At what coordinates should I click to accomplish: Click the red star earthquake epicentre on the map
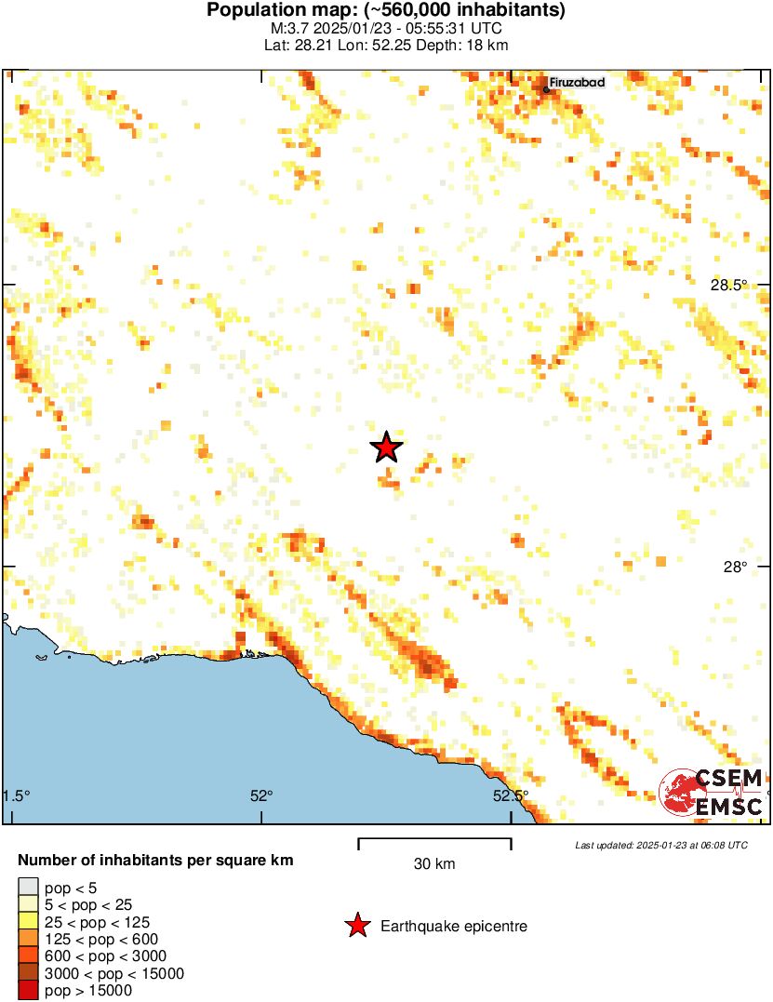386,448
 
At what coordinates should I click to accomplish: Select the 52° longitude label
261,795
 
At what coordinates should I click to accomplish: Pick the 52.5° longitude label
510,795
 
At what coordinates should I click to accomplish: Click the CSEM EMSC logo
712,793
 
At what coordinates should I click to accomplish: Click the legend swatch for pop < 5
29,888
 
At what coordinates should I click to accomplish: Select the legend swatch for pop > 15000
29,991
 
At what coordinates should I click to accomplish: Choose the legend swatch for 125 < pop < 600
29,939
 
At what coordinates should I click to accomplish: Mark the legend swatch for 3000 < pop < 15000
29,973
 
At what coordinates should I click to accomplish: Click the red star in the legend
356,926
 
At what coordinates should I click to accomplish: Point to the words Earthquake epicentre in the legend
454,927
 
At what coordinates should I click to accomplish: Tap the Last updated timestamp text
660,846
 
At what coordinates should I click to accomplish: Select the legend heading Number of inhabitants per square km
156,861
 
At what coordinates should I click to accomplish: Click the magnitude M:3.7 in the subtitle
284,29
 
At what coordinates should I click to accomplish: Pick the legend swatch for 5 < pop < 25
29,904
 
